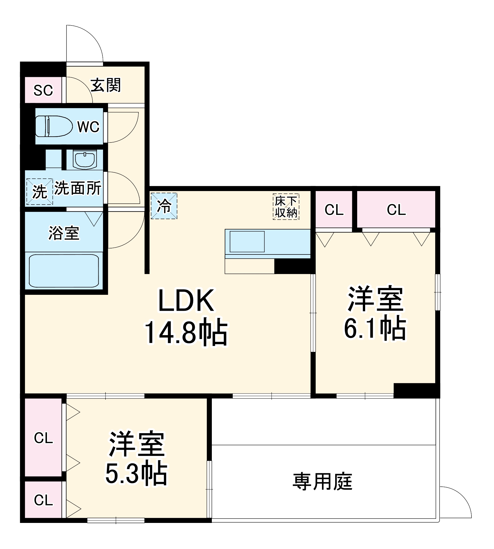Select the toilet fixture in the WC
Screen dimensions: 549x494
pos(54,126)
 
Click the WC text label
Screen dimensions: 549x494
pos(88,127)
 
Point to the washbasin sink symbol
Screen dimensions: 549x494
pos(85,160)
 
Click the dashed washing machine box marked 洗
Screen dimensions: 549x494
pos(40,191)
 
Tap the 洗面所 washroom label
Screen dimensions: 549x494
pos(78,188)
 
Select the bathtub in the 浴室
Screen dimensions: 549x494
pos(64,271)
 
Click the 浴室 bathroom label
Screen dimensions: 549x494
pos(64,233)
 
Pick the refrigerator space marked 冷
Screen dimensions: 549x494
pos(164,206)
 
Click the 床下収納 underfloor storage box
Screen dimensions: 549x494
pos(286,207)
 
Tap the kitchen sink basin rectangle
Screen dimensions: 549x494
pos(247,242)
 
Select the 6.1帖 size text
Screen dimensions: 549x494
pos(375,328)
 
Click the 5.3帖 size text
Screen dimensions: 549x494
pos(137,474)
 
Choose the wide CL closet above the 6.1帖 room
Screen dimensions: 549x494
pos(396,210)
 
